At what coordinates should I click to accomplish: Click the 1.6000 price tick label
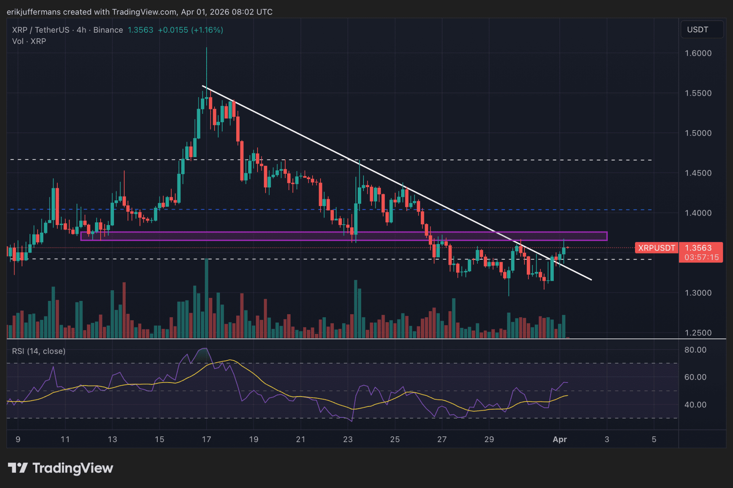tap(698, 53)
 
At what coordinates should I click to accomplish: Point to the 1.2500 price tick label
tap(698, 333)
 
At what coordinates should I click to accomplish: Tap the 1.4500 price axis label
tap(698, 173)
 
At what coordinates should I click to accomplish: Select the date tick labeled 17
tap(206, 439)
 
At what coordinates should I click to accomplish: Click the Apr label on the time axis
tap(559, 439)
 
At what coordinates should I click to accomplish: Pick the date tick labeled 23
tap(348, 439)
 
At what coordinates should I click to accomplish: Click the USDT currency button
tap(701, 30)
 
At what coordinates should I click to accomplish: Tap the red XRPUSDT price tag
tap(656, 248)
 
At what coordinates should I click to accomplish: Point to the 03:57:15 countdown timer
tap(701, 257)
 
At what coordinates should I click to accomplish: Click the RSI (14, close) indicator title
tap(39, 351)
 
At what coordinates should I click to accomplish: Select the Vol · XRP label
tap(29, 41)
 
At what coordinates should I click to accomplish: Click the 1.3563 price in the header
tap(140, 30)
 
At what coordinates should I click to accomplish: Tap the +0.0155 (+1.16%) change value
tap(190, 30)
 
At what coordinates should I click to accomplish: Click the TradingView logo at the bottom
tap(61, 468)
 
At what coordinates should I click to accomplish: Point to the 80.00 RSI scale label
tap(695, 349)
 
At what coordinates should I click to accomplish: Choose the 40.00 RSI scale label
tap(695, 405)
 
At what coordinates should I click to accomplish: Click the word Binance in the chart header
tap(108, 30)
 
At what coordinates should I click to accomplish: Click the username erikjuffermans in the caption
tap(33, 12)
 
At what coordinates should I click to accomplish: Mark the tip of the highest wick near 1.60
tap(207, 48)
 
